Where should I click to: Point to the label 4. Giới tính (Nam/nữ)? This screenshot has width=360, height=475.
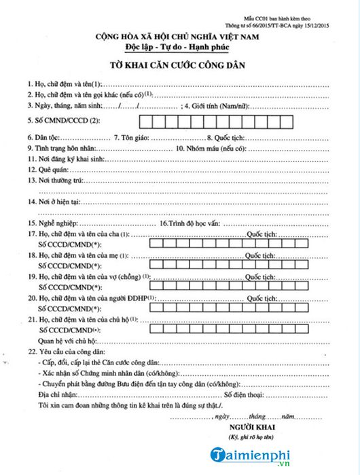[x=216, y=106]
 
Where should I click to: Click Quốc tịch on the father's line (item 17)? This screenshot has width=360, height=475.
[x=261, y=234]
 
